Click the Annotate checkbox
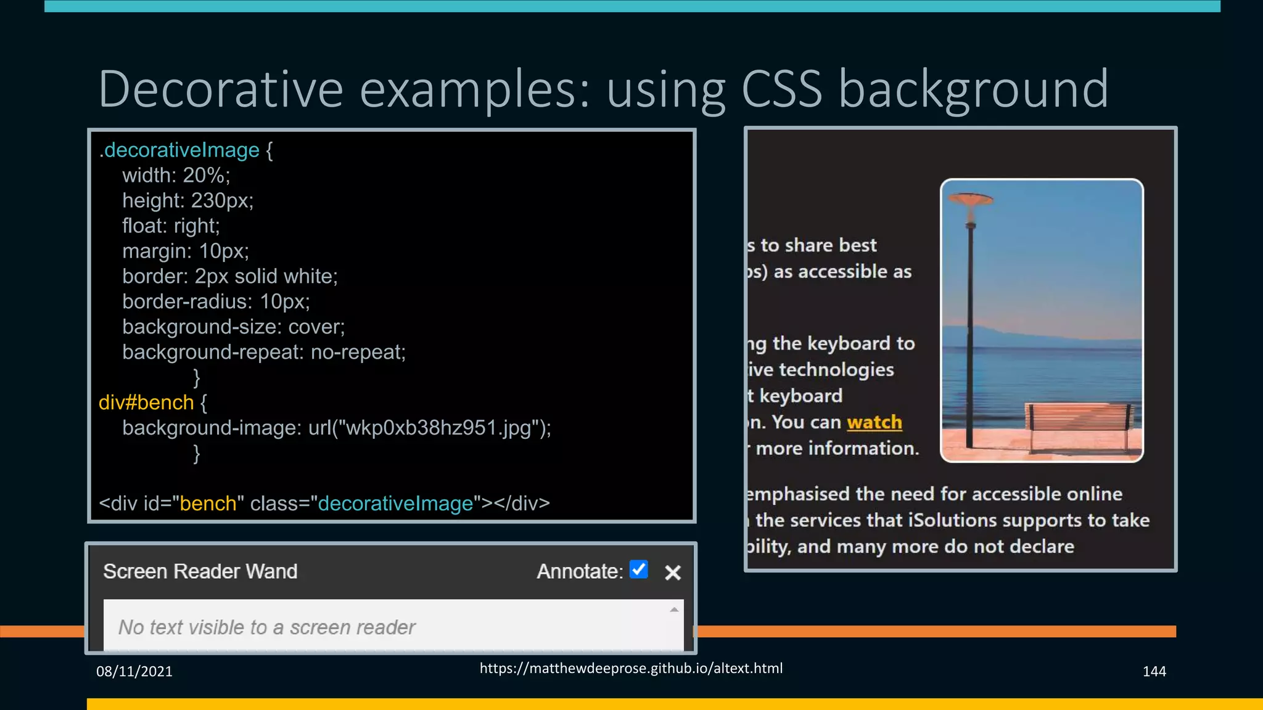click(639, 569)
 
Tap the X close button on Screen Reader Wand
click(673, 573)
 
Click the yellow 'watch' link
click(874, 422)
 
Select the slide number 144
click(1154, 671)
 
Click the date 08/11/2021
click(134, 671)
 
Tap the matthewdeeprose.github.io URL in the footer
click(631, 668)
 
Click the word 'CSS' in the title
click(781, 89)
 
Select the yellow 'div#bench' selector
click(146, 402)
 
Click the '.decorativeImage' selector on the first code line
click(179, 150)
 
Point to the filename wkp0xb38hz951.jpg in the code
click(438, 428)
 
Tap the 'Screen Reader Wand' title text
click(200, 571)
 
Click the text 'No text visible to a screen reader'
click(267, 627)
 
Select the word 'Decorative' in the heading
click(221, 89)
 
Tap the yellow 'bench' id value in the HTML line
click(208, 504)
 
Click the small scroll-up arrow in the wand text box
click(674, 610)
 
